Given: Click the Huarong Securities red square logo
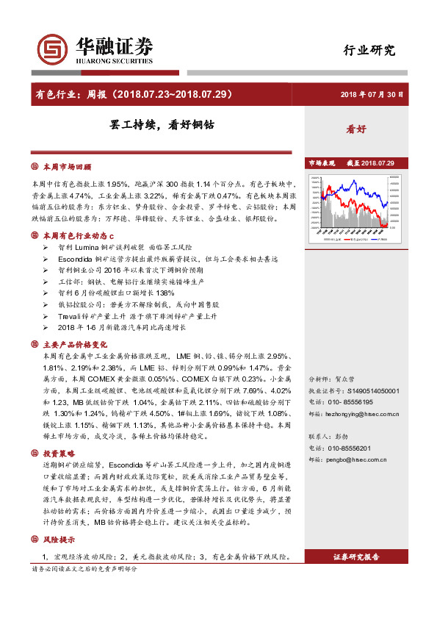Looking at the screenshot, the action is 53,49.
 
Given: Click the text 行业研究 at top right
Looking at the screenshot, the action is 369,51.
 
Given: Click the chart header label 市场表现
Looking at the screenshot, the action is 321,162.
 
